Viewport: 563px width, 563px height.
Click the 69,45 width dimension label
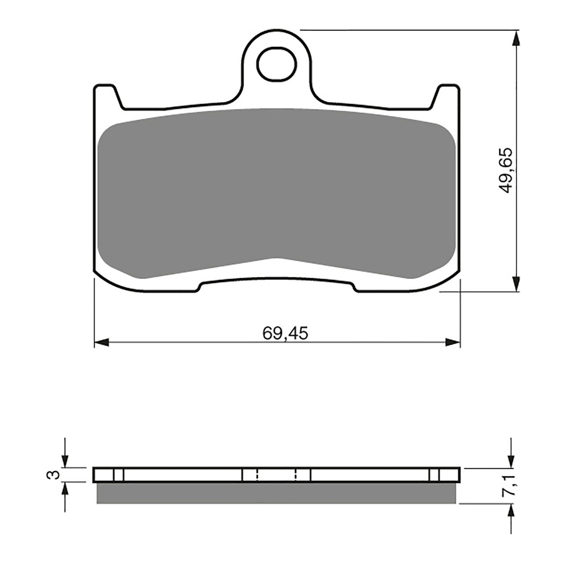coord(285,333)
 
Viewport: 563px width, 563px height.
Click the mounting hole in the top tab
coord(277,64)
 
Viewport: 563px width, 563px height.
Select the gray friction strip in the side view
coord(277,493)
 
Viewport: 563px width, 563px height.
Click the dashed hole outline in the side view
coord(277,475)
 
